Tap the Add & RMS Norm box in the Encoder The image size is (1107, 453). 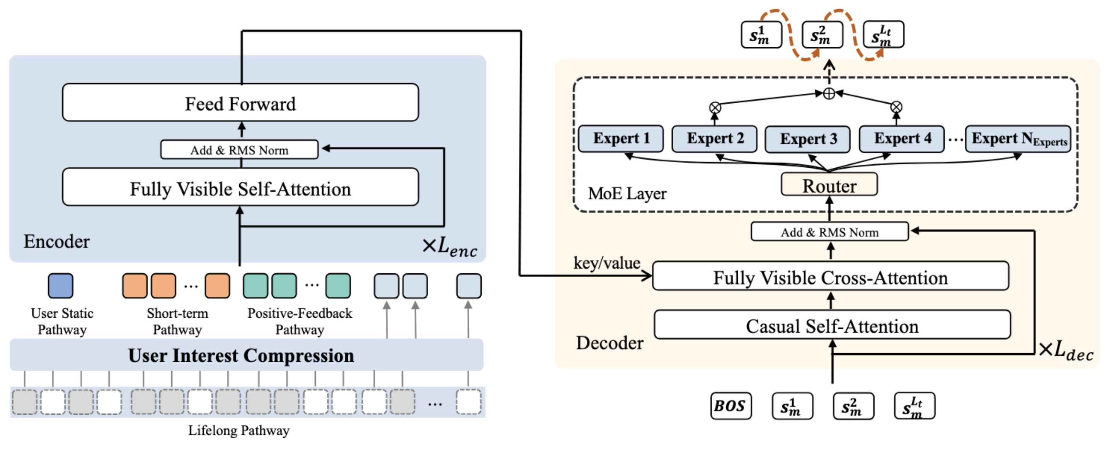[239, 150]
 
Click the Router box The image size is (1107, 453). [829, 184]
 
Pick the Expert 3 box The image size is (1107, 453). [807, 139]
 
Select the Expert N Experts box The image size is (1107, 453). [1018, 138]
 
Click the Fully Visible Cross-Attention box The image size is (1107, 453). [830, 276]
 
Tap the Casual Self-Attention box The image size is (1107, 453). [832, 325]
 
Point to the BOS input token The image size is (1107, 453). [731, 405]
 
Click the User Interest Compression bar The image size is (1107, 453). [246, 355]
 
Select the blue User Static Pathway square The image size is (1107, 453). [61, 285]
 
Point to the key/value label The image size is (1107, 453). [606, 262]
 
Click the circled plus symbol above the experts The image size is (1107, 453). [829, 93]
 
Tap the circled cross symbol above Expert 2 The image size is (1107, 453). [715, 107]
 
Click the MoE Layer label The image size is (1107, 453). [627, 193]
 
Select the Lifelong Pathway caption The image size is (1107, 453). [238, 430]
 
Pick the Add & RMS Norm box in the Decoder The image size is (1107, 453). [829, 232]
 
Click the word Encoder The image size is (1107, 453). [56, 242]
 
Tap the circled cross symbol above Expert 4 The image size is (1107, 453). [896, 107]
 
